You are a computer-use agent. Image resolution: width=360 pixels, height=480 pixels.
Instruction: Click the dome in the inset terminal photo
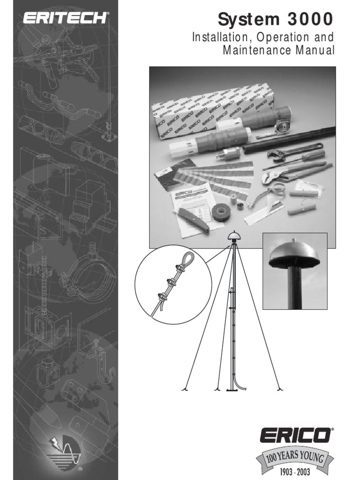click(x=293, y=256)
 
